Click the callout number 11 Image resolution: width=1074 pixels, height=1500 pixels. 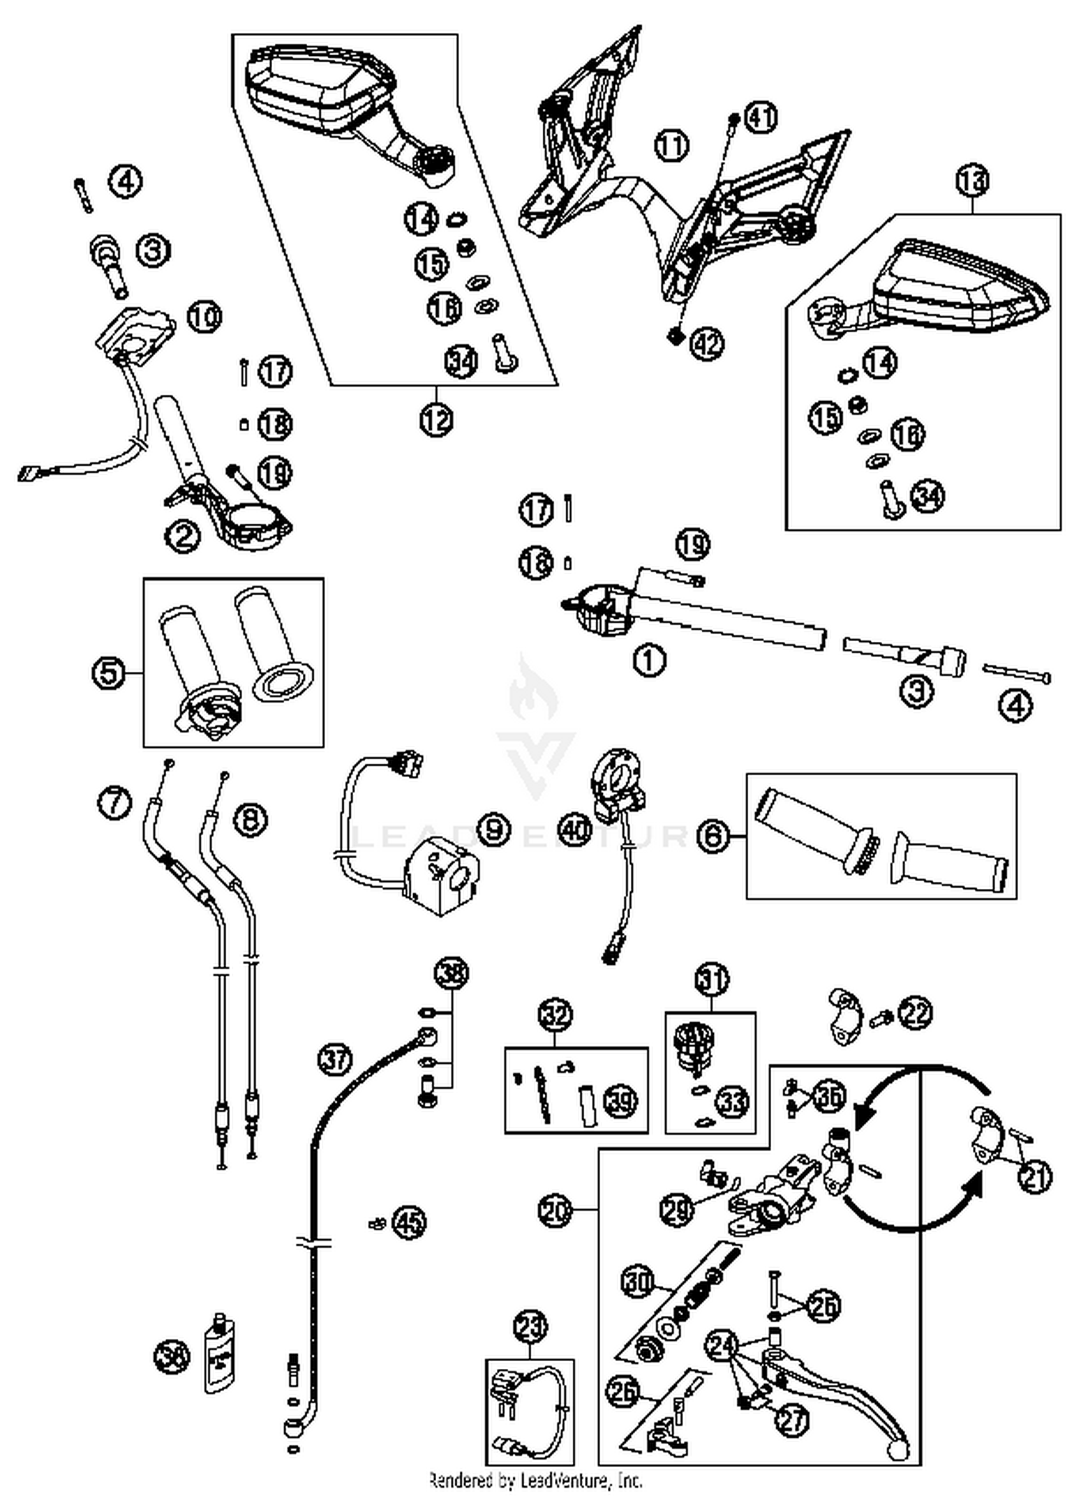pos(671,145)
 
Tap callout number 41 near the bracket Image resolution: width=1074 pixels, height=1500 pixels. pos(761,117)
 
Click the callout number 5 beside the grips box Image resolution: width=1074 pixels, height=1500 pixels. pos(109,673)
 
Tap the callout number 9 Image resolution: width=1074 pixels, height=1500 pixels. pos(493,830)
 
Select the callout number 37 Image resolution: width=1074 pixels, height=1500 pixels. pos(335,1059)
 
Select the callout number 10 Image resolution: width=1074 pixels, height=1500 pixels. pos(205,316)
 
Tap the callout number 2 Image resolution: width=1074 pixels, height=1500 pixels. pos(182,536)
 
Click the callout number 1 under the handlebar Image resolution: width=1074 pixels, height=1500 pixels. pos(649,660)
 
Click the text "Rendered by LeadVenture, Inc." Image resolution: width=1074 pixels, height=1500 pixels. pos(536,1480)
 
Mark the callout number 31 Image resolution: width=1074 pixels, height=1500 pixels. pos(712,980)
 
